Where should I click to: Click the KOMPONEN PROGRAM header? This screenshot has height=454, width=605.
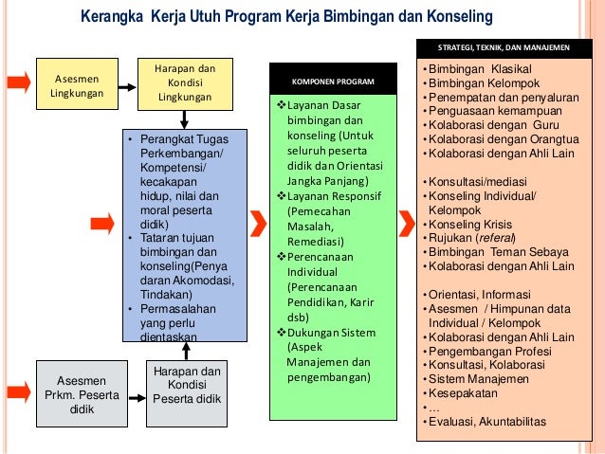[x=332, y=82]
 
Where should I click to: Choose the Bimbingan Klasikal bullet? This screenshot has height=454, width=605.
[x=479, y=69]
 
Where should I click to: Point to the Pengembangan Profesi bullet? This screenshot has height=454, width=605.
[x=485, y=350]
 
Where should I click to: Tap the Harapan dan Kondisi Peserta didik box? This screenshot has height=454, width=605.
[x=187, y=385]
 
